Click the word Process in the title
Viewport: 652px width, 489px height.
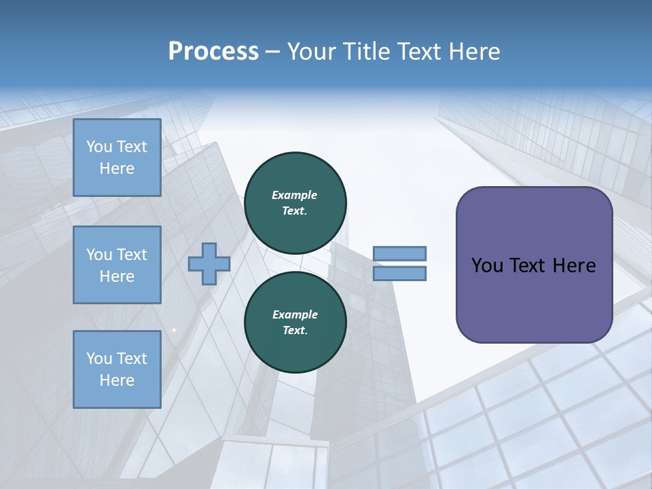pyautogui.click(x=213, y=52)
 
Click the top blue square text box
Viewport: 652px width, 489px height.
pyautogui.click(x=117, y=158)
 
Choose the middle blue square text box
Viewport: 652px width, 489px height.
pyautogui.click(x=117, y=265)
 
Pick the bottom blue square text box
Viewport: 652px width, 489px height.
pyautogui.click(x=117, y=369)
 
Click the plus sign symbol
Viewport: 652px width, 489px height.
pyautogui.click(x=209, y=264)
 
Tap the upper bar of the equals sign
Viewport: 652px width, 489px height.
pyautogui.click(x=400, y=253)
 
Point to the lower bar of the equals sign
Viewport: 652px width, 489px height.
pyautogui.click(x=400, y=273)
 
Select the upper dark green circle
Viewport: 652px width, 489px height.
pyautogui.click(x=295, y=202)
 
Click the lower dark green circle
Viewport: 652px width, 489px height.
pyautogui.click(x=295, y=322)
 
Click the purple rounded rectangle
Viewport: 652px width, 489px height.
pyautogui.click(x=534, y=265)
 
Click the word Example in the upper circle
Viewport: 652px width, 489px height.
pyautogui.click(x=295, y=195)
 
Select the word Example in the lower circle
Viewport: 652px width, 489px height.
pyautogui.click(x=295, y=314)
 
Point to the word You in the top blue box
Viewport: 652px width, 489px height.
pyautogui.click(x=98, y=147)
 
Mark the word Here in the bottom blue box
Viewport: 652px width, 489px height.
pyautogui.click(x=117, y=380)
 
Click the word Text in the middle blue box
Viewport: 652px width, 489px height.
pyautogui.click(x=131, y=255)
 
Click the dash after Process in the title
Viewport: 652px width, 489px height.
pyautogui.click(x=272, y=52)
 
